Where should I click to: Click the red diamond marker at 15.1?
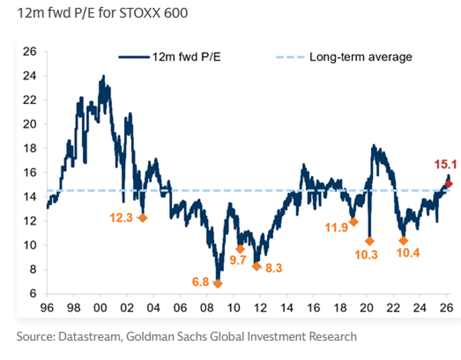pos(449,184)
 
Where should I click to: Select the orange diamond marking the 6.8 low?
pos(218,284)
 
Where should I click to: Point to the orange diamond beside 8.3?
pos(257,266)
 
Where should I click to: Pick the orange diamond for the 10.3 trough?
pos(370,241)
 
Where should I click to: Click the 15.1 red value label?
pos(445,165)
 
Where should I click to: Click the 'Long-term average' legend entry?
pos(361,57)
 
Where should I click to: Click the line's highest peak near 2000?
pos(103,76)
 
